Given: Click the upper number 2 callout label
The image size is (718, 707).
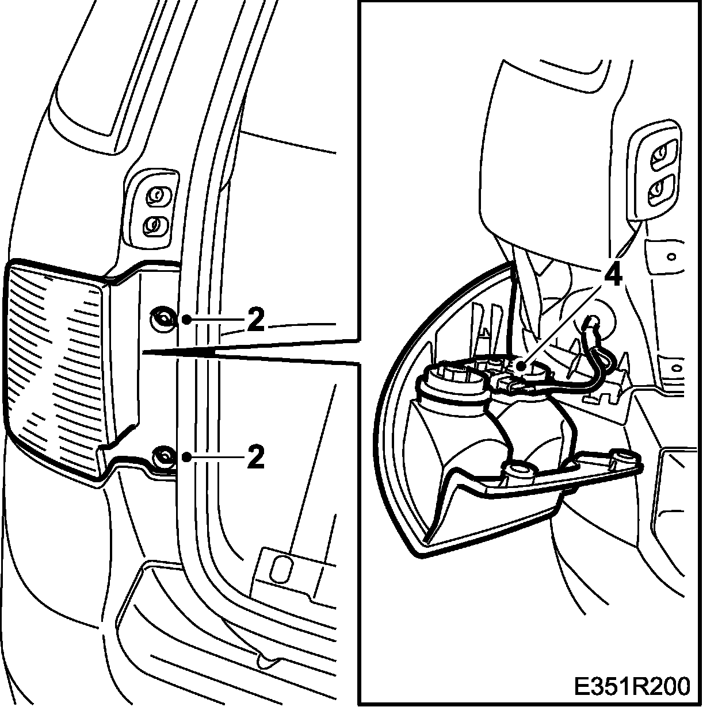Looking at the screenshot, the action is click(x=255, y=321).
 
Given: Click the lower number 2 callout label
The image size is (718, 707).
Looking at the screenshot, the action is click(x=255, y=458).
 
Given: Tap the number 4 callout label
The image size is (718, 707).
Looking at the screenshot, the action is click(x=613, y=277).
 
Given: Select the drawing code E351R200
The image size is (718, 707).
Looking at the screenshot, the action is click(x=632, y=686).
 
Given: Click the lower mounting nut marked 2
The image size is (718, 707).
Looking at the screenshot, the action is click(x=162, y=458).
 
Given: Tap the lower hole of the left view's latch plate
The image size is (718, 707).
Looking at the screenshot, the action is click(x=154, y=225).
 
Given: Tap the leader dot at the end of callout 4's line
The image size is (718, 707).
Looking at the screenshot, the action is click(x=520, y=365).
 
